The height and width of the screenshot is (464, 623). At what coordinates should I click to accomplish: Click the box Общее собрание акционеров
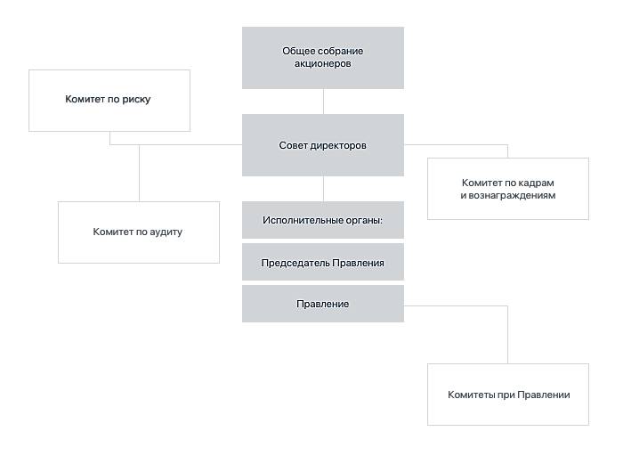(323, 58)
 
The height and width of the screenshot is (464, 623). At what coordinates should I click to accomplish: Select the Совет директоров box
(323, 145)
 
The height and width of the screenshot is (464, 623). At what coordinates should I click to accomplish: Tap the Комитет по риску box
(109, 101)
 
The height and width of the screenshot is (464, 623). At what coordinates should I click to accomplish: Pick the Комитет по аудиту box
(139, 232)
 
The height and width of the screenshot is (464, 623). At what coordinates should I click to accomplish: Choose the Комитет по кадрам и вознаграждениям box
(508, 189)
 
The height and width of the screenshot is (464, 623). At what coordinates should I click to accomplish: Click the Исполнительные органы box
(323, 220)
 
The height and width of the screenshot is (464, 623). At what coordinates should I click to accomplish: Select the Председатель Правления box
(323, 262)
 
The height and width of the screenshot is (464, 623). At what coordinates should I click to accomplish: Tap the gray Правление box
(323, 304)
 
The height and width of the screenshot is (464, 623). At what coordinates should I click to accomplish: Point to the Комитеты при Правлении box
(508, 395)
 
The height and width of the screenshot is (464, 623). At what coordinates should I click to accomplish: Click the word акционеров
(322, 63)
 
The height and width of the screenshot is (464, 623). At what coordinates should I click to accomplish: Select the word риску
(136, 100)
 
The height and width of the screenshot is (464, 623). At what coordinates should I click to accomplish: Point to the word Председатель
(295, 263)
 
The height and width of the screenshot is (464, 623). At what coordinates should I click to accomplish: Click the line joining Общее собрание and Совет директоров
(323, 102)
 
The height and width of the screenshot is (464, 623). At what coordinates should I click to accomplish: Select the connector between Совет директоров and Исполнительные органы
(323, 189)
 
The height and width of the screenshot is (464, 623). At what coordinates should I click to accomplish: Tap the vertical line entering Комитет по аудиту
(139, 173)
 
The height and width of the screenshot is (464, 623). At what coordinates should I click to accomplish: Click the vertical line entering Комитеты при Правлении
(508, 334)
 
